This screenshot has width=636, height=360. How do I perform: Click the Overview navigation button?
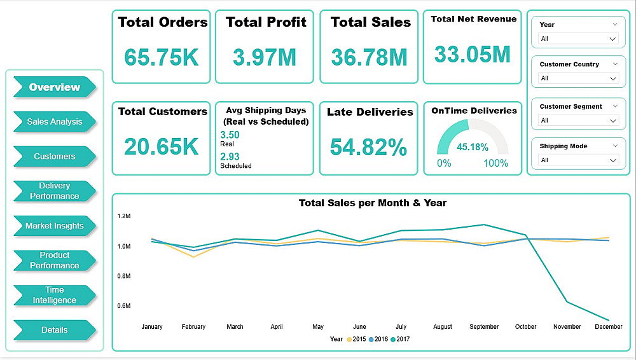point(54,87)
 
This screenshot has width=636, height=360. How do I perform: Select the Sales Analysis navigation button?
point(54,121)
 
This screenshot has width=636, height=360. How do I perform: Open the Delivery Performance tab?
point(54,191)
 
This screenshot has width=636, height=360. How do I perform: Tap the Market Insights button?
point(54,226)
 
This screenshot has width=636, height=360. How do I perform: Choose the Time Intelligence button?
point(54,295)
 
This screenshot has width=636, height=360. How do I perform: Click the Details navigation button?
point(54,330)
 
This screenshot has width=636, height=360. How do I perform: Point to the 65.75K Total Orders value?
point(162,57)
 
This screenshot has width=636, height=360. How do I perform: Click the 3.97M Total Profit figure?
point(265,57)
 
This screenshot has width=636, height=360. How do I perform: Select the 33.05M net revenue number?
point(473,54)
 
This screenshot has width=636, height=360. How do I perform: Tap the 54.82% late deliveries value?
point(368,147)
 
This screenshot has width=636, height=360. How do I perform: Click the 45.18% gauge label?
point(473,147)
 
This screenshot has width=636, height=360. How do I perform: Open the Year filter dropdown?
point(577,39)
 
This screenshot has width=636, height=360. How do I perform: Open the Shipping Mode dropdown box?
point(577,160)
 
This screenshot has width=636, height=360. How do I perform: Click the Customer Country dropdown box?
point(577,78)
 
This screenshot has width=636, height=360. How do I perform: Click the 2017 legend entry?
point(401,340)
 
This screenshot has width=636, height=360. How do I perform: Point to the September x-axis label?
point(484,327)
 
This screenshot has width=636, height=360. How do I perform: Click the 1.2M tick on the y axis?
point(124,216)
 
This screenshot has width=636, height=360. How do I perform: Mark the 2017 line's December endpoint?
point(609,320)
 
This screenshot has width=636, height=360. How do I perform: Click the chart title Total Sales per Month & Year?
point(373,203)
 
